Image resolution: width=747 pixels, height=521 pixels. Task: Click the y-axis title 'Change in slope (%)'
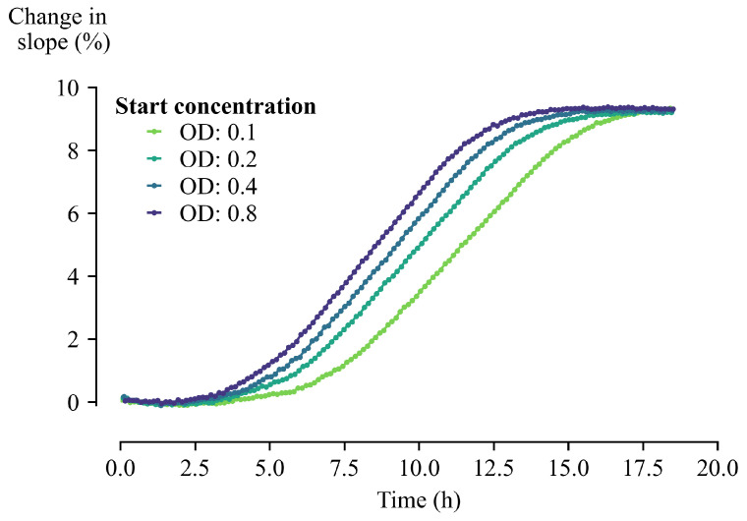58,29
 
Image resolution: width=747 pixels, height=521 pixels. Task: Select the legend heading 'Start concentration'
215,105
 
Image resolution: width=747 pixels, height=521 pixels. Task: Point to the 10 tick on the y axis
84,87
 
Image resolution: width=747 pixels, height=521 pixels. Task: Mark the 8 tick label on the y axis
88,150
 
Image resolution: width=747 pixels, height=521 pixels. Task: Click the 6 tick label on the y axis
88,213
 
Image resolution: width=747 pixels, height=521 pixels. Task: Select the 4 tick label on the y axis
88,276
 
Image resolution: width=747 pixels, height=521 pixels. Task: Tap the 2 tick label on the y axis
88,339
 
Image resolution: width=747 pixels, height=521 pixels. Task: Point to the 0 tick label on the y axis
88,402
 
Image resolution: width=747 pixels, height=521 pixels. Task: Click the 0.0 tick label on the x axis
120,466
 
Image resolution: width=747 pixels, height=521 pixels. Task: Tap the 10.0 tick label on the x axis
419,466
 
